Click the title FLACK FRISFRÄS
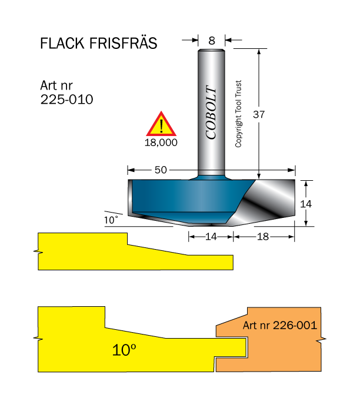(x=98, y=44)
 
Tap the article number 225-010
(x=66, y=99)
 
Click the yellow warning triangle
(x=161, y=125)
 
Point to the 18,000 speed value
(x=161, y=142)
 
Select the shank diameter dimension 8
(x=212, y=40)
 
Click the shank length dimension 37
(x=258, y=115)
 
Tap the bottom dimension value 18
(x=262, y=236)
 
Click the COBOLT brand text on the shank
(x=211, y=112)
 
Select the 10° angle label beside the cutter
(x=111, y=220)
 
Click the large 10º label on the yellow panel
(x=124, y=350)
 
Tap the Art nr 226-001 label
(x=279, y=325)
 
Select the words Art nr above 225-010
(x=57, y=85)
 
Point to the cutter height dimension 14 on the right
(x=305, y=203)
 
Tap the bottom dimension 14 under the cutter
(x=211, y=236)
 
